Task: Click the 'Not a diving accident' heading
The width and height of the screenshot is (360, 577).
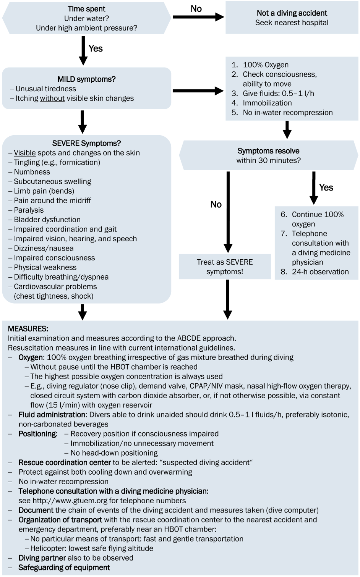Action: click(x=292, y=13)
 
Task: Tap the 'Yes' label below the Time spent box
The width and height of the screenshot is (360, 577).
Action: click(x=96, y=48)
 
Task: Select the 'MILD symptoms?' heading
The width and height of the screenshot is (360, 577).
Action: click(x=87, y=79)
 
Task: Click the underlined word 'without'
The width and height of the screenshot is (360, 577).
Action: click(x=52, y=99)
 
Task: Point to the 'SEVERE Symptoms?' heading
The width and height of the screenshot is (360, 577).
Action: click(x=87, y=143)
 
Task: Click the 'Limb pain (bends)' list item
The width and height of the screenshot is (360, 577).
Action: click(x=44, y=191)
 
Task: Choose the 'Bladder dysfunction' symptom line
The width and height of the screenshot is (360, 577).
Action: click(x=47, y=220)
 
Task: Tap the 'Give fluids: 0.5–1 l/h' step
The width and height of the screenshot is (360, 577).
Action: click(x=279, y=93)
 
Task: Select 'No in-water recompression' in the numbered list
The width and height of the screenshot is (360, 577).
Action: click(x=288, y=112)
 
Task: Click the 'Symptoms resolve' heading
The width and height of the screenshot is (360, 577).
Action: click(x=268, y=151)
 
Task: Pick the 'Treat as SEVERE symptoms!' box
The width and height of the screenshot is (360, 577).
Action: click(x=225, y=267)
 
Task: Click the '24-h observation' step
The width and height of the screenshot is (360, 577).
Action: click(x=320, y=272)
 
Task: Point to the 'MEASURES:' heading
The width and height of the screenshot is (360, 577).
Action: click(x=28, y=329)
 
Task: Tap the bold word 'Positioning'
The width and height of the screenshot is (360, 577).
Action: click(x=38, y=434)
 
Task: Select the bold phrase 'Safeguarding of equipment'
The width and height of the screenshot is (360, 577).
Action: click(x=64, y=567)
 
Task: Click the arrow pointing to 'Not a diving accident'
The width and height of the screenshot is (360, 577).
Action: click(x=198, y=17)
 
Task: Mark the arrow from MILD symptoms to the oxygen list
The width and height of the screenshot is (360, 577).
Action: click(x=198, y=91)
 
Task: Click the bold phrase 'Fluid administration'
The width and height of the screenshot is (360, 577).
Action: click(x=52, y=415)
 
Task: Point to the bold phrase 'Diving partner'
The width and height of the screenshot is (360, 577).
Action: click(x=42, y=558)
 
